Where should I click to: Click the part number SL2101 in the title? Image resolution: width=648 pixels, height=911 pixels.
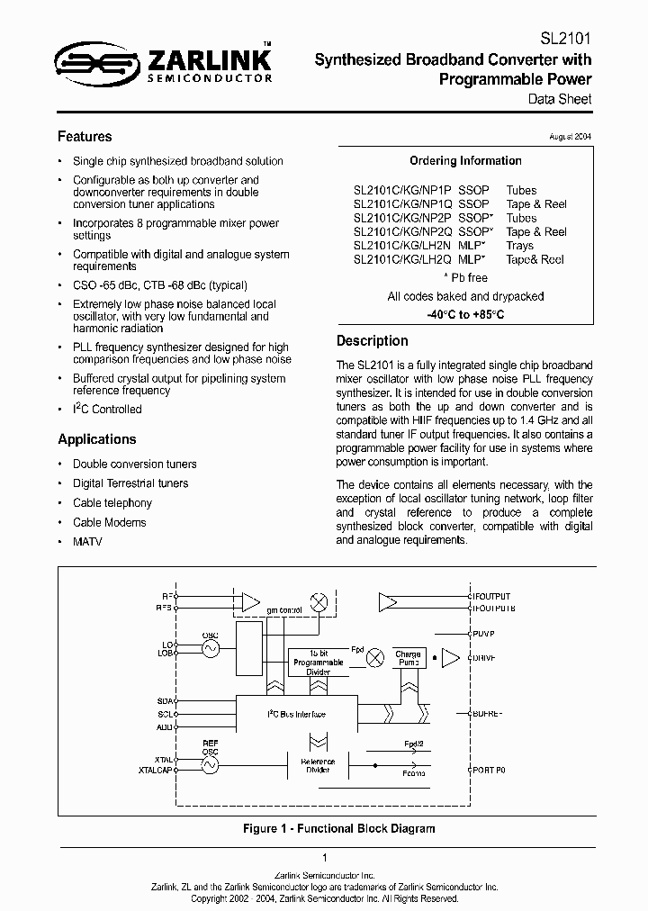(565, 40)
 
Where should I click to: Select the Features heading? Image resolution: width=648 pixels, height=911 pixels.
(85, 137)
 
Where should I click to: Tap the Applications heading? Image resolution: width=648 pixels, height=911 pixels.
(97, 439)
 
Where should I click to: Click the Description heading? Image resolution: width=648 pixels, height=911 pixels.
(372, 341)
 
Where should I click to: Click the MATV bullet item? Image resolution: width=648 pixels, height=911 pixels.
(86, 542)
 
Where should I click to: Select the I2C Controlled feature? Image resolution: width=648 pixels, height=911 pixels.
(107, 410)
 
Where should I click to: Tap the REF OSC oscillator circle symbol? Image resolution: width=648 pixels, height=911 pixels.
(211, 765)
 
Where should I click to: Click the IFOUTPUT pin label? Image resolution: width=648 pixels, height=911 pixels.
(492, 596)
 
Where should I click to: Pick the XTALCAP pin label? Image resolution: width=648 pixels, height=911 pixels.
(157, 771)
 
